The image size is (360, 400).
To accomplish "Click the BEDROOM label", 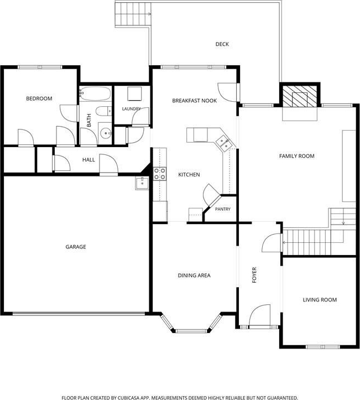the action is (39, 98).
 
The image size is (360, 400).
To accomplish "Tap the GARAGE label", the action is (76, 247).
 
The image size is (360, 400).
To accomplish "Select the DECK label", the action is (222, 44).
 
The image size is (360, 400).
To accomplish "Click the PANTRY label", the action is (222, 209).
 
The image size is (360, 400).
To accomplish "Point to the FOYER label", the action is (254, 275).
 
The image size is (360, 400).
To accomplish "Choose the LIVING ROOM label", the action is (320, 300).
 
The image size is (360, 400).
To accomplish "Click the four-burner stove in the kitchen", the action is (160, 174).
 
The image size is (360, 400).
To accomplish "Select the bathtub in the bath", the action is (95, 93).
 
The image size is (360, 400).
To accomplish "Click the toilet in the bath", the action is (104, 111).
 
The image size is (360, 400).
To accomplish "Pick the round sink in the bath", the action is (105, 133).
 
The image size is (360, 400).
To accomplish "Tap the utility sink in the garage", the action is (142, 183).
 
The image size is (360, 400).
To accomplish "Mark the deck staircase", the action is (133, 13).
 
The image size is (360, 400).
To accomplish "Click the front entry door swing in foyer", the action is (259, 315).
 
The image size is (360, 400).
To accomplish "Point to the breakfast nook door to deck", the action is (228, 92).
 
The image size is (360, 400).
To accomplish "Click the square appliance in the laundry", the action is (134, 94).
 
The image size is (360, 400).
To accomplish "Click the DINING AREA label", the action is (194, 276).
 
